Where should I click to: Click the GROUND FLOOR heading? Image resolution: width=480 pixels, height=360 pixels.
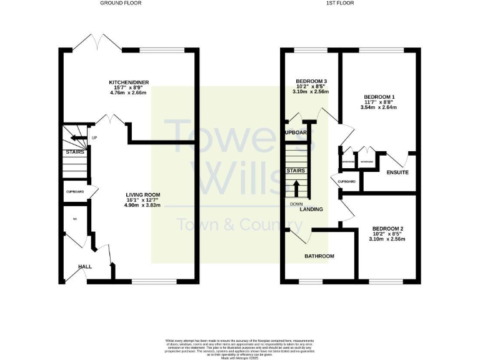[x=121, y=3]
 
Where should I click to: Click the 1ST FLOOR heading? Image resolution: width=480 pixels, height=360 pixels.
[x=340, y=3]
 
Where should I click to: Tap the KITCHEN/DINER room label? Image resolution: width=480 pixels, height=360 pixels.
[x=127, y=82]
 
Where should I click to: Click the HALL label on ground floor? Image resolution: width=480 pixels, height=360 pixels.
[x=85, y=266]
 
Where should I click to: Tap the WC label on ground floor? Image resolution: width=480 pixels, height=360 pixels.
[x=74, y=219]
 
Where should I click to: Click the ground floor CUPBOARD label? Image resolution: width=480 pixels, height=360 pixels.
[x=75, y=191]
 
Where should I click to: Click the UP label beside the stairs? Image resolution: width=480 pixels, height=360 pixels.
[x=94, y=138]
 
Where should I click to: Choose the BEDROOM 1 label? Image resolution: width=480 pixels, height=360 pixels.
[x=379, y=97]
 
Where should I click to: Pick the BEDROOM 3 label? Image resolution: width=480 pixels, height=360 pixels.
[x=311, y=81]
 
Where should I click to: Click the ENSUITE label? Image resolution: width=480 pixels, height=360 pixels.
[x=397, y=172]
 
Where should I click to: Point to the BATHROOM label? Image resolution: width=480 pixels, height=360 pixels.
[x=319, y=256]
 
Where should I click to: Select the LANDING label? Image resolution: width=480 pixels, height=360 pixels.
[x=311, y=209]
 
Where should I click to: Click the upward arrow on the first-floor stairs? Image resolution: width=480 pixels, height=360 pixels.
[x=296, y=188]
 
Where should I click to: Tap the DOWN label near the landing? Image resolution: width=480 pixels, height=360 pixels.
[x=296, y=204]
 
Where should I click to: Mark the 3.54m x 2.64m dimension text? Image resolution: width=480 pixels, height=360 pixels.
[x=379, y=107]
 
